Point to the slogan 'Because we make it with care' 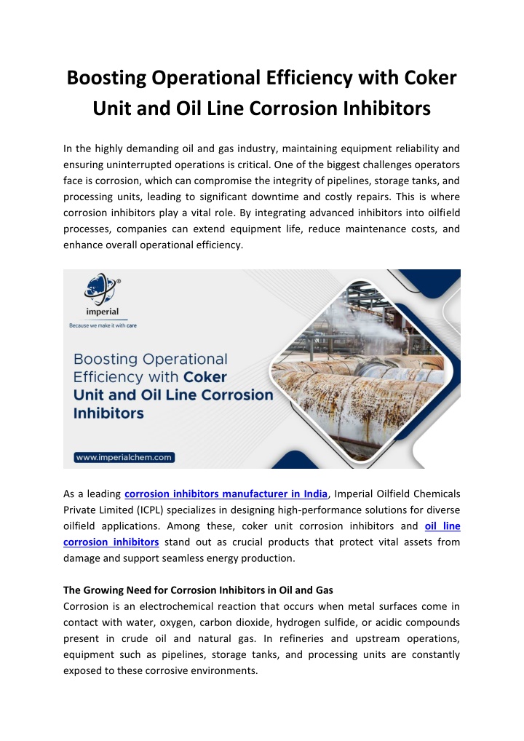(x=102, y=325)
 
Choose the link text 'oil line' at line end (x=442, y=526)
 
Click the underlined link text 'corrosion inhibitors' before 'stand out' (x=111, y=542)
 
